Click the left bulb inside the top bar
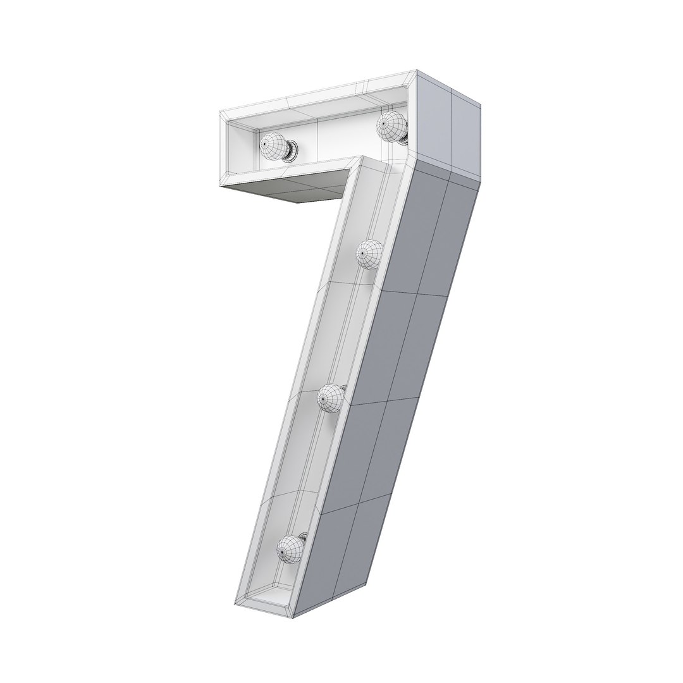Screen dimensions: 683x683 click(273, 145)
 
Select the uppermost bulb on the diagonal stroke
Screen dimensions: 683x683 click(370, 254)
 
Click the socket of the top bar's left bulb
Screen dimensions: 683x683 click(292, 150)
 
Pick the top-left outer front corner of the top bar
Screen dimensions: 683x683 click(220, 113)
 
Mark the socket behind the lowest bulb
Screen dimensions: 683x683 click(304, 538)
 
